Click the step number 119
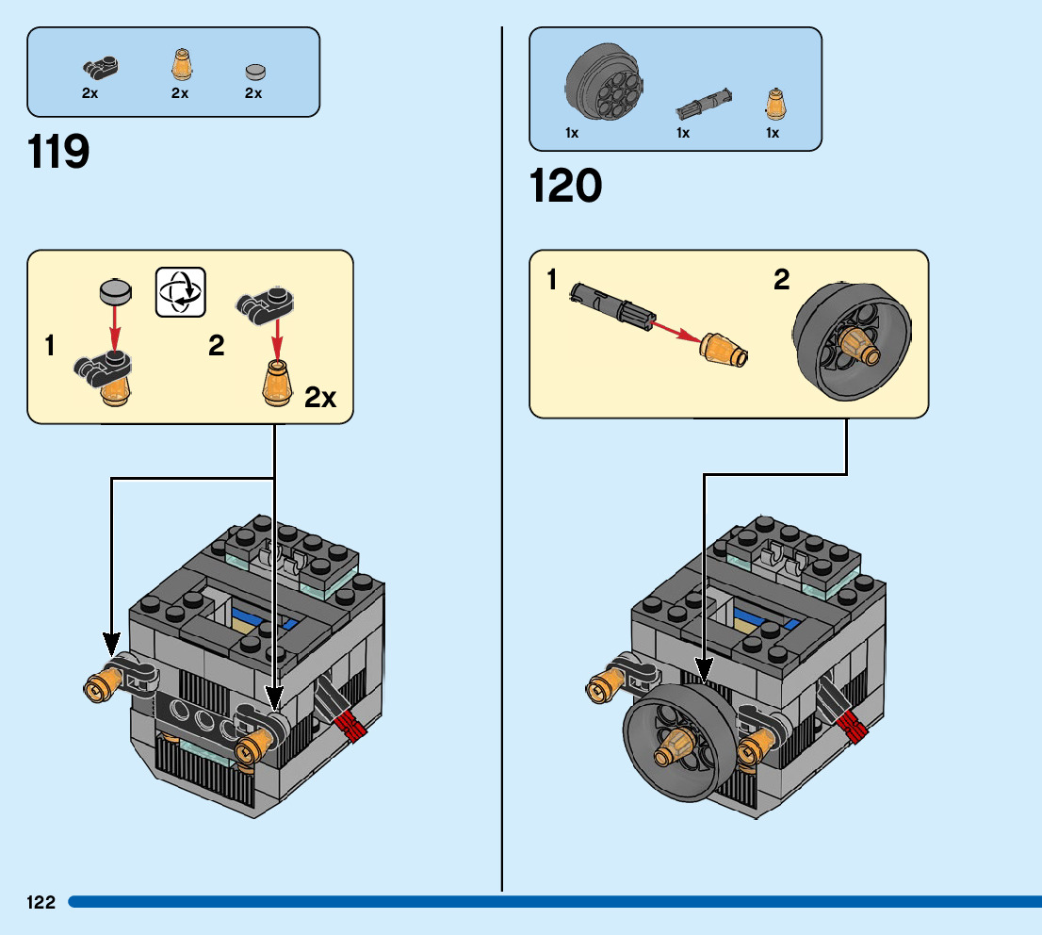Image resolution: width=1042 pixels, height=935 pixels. click(x=59, y=152)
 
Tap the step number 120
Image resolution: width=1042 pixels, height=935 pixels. click(x=566, y=186)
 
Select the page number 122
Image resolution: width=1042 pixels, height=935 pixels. click(x=41, y=902)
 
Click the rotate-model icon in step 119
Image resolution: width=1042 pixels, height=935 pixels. click(x=179, y=291)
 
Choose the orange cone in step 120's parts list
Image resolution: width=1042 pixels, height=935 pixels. click(x=773, y=103)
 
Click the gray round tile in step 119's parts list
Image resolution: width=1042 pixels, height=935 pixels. click(x=254, y=72)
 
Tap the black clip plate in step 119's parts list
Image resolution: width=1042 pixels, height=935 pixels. click(x=98, y=67)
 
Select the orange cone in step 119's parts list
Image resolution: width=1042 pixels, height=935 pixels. click(x=180, y=66)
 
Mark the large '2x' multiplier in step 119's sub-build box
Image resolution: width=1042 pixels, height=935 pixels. click(x=320, y=399)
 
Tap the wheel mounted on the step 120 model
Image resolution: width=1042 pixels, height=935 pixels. click(x=678, y=744)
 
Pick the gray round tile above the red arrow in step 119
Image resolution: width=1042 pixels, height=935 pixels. click(x=114, y=291)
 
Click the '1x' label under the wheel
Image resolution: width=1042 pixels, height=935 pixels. click(x=572, y=133)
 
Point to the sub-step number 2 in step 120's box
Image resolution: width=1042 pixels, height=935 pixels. click(x=782, y=281)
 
